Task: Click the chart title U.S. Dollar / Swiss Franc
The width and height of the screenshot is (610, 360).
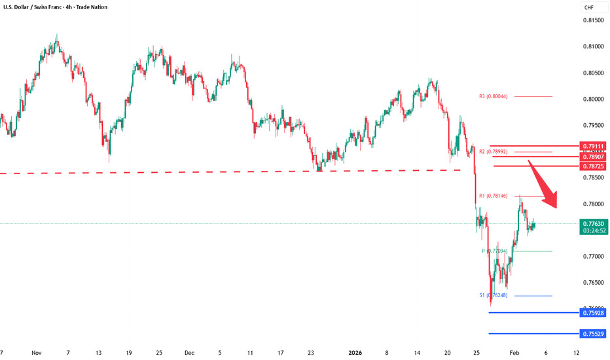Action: (x=30, y=7)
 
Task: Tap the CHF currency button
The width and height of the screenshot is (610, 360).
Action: (x=588, y=8)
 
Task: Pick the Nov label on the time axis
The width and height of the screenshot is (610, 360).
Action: (x=37, y=351)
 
